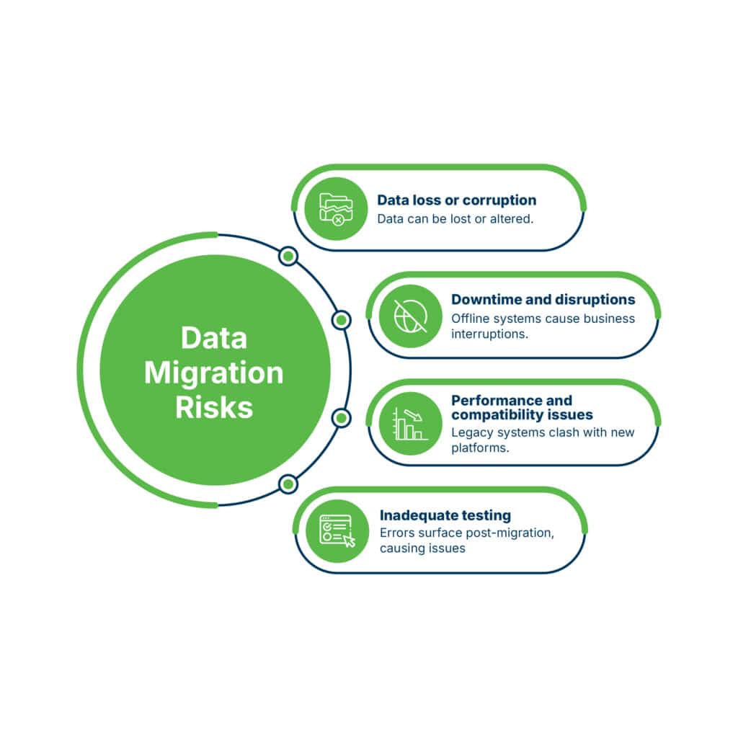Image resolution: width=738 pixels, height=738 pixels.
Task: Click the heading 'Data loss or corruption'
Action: point(456,200)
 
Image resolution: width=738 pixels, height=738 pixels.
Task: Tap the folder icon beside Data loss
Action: point(336,209)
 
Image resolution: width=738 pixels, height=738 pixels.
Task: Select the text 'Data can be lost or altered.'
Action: point(455,219)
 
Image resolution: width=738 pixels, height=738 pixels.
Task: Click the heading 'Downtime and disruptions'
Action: point(543,299)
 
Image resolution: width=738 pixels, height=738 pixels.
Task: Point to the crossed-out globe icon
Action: point(410,316)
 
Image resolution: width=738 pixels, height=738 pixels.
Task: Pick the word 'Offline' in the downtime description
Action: point(470,319)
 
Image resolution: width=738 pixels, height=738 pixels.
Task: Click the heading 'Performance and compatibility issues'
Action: point(522,408)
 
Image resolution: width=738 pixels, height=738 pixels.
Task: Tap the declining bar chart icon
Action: point(410,424)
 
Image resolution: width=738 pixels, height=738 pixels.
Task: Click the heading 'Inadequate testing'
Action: point(445,515)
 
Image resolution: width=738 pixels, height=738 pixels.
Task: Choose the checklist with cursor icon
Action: point(337,531)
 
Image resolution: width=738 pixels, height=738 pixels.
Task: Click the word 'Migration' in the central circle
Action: point(213,373)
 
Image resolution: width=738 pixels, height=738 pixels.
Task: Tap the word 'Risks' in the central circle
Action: point(214,407)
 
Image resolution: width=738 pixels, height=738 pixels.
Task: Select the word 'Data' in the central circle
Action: point(214,338)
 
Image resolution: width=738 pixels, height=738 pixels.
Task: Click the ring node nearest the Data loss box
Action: point(288,257)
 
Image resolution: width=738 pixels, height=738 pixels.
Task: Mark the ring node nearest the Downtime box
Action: point(341,320)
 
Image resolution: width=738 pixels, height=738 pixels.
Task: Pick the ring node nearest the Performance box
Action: point(341,418)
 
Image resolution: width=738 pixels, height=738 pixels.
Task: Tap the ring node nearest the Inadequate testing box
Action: point(288,484)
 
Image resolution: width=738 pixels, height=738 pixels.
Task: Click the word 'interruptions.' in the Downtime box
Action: point(489,334)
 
